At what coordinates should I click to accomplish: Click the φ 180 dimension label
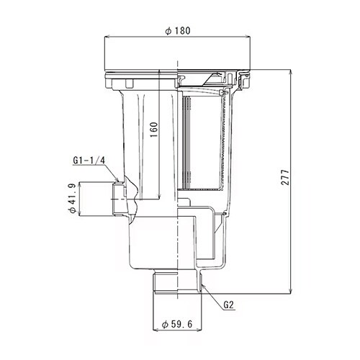[178, 31]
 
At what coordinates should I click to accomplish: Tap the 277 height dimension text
[285, 177]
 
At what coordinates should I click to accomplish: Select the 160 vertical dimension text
[154, 130]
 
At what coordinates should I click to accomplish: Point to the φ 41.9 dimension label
[72, 198]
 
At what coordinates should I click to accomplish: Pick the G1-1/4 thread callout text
[89, 161]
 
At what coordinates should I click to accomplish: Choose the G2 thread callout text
[228, 305]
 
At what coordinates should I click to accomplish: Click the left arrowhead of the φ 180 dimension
[107, 37]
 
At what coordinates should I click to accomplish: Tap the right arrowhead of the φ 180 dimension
[248, 37]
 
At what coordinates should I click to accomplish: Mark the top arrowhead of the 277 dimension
[291, 72]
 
